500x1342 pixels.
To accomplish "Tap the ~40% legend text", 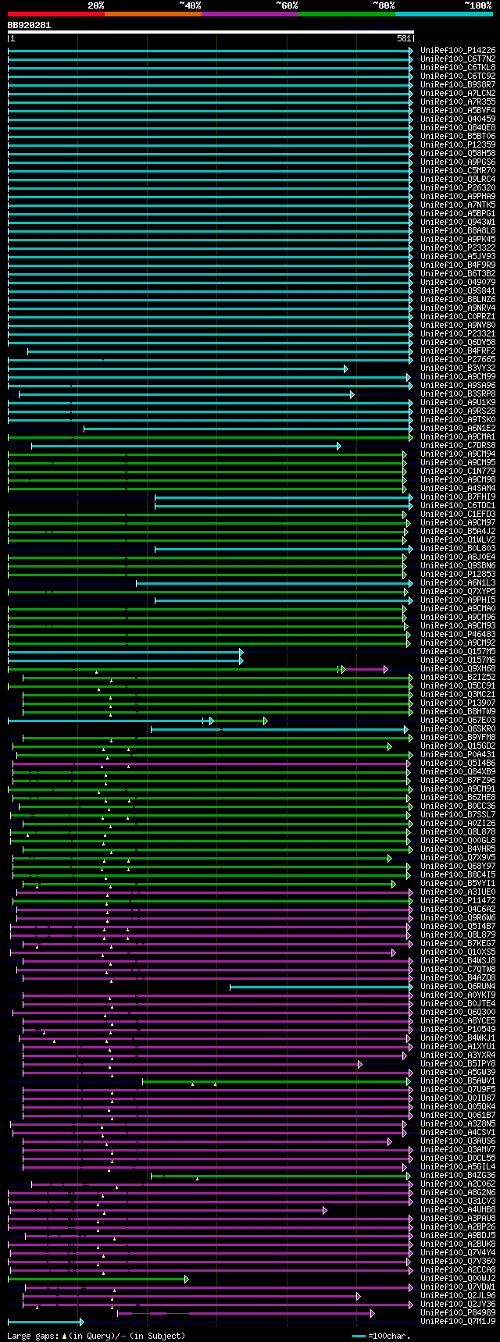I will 190,5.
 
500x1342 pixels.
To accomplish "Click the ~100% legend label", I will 478,5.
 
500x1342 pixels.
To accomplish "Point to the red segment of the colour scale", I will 55,14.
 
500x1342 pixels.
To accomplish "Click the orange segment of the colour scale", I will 152,14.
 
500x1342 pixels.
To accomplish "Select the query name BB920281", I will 29,25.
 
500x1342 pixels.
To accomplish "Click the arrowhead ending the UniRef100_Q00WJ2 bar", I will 186,1279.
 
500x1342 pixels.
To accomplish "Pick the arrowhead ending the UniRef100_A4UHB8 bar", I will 324,1210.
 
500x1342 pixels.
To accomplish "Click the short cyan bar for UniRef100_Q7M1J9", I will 45,1322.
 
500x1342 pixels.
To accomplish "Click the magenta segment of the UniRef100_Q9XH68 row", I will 365,669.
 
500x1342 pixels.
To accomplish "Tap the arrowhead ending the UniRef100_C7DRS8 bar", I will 338,446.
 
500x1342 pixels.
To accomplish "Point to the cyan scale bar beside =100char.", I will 359,1336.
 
